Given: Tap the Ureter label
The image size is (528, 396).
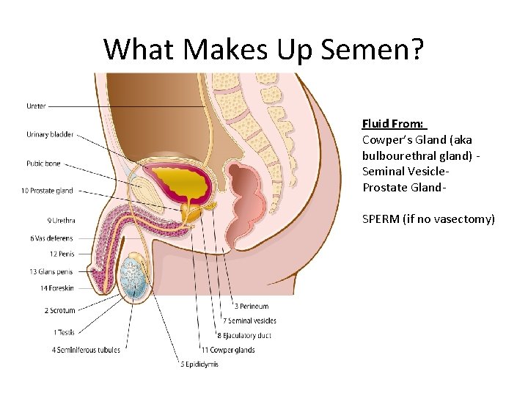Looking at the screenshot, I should pos(36,106).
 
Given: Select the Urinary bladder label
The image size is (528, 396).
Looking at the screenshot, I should pos(50,134).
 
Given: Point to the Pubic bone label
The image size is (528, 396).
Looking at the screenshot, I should pos(43,164).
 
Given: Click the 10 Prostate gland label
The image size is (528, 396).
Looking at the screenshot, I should pos(47,191).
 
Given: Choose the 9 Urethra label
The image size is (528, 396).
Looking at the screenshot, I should pos(61,220).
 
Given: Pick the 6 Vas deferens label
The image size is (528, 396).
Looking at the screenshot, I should pos(52,238).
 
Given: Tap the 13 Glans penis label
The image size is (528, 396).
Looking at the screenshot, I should pos(51,271).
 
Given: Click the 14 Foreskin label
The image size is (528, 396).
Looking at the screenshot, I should pos(56,288).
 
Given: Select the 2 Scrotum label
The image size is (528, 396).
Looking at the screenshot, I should pos(59,310).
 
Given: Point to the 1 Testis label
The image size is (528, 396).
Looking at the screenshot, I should pos(64,332).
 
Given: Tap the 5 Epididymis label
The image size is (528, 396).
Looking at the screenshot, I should pos(198,364).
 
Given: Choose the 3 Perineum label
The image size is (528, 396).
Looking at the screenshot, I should pos(252,306).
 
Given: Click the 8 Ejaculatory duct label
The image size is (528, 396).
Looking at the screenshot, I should pos(246,335).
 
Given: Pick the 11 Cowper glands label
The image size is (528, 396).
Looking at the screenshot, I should pos(231,350).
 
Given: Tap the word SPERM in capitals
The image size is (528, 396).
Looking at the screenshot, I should pos(381,219).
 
